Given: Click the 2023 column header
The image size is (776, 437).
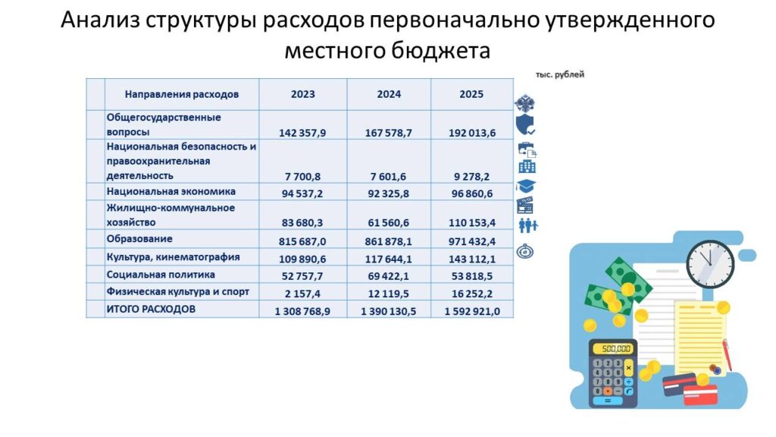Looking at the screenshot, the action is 302,94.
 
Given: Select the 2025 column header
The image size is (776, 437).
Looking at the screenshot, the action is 471,94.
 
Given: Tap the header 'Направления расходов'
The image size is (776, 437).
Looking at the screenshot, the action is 182,94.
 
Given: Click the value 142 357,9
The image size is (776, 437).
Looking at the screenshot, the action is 302,133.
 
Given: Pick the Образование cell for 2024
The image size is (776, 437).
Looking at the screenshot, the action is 389,241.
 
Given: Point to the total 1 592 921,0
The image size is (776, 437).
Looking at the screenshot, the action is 472,311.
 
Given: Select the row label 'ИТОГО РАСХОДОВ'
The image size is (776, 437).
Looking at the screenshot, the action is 151,310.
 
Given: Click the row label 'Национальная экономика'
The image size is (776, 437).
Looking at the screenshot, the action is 171,192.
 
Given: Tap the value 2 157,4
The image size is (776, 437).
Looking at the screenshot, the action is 302,294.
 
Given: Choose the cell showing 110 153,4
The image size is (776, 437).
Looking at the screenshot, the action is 472,223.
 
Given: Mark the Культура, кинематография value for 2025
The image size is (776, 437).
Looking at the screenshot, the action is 472,259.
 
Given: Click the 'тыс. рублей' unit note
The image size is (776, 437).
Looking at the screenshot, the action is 560,74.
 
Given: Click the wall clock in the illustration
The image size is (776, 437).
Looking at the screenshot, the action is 710,264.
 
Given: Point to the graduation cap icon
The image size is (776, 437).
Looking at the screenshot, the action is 526,186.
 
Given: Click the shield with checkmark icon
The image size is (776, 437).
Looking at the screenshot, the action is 525,125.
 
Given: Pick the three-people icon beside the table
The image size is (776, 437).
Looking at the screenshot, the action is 527,225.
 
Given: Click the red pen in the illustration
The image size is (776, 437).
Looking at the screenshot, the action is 727,355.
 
